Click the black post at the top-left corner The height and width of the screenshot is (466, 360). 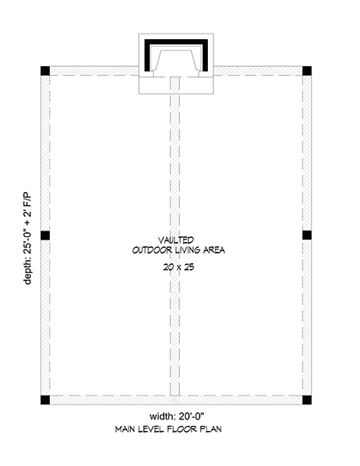tap(46, 70)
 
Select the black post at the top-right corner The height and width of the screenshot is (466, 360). tap(307, 70)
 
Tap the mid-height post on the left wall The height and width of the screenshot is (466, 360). tap(46, 235)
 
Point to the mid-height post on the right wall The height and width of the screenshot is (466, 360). tap(307, 235)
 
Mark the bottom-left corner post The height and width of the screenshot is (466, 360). tap(46, 400)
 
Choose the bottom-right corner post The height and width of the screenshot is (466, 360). tap(307, 400)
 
